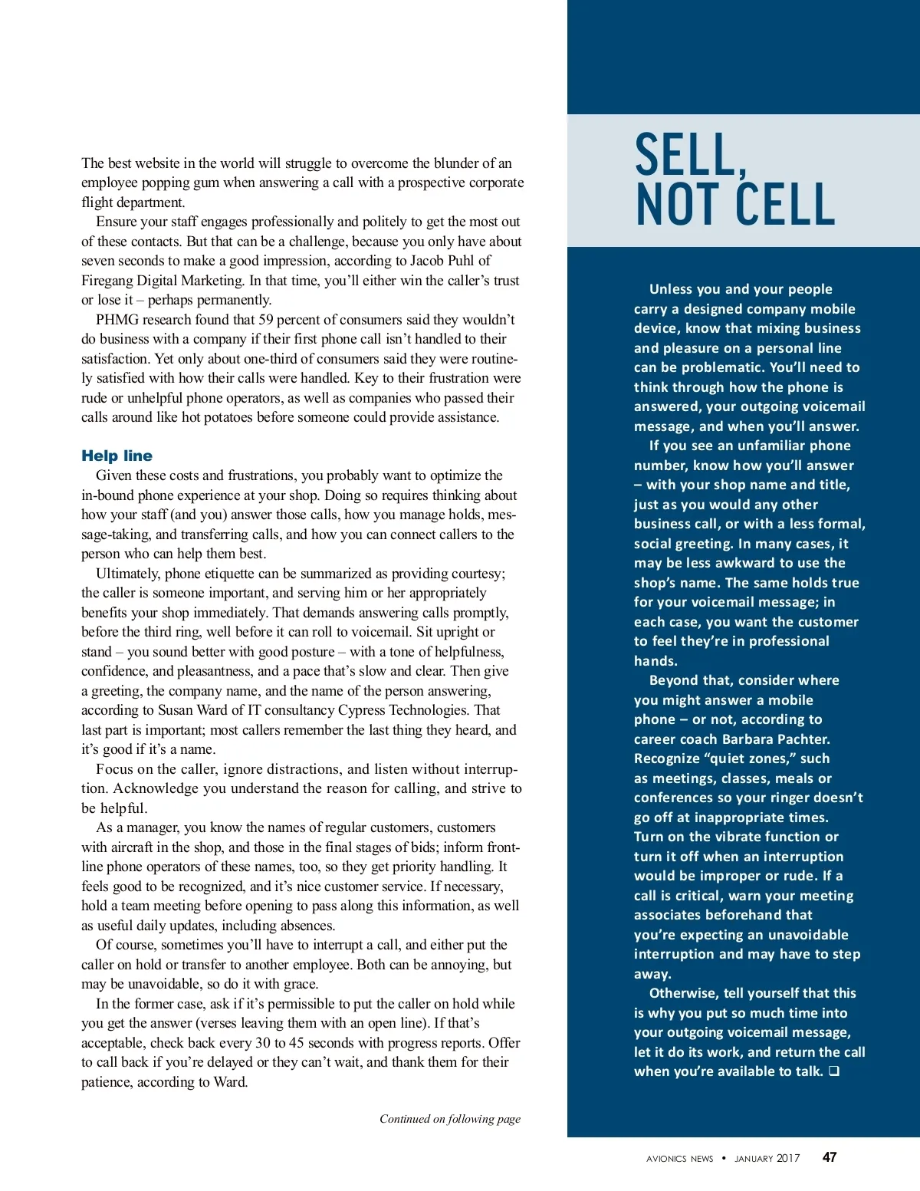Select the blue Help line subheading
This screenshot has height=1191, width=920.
(x=117, y=456)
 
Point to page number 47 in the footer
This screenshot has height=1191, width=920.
(x=830, y=1157)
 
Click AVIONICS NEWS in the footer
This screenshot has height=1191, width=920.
(x=679, y=1159)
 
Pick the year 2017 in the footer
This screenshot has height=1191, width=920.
(x=787, y=1158)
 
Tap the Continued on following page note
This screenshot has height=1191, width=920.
(x=449, y=1119)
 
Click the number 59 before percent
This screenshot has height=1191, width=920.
(x=265, y=320)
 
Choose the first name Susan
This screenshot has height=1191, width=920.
(x=177, y=710)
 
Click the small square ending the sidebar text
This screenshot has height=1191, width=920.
(x=833, y=1071)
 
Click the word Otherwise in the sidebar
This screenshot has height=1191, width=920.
(x=684, y=993)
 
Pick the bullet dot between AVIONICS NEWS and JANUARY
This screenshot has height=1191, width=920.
(x=724, y=1158)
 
